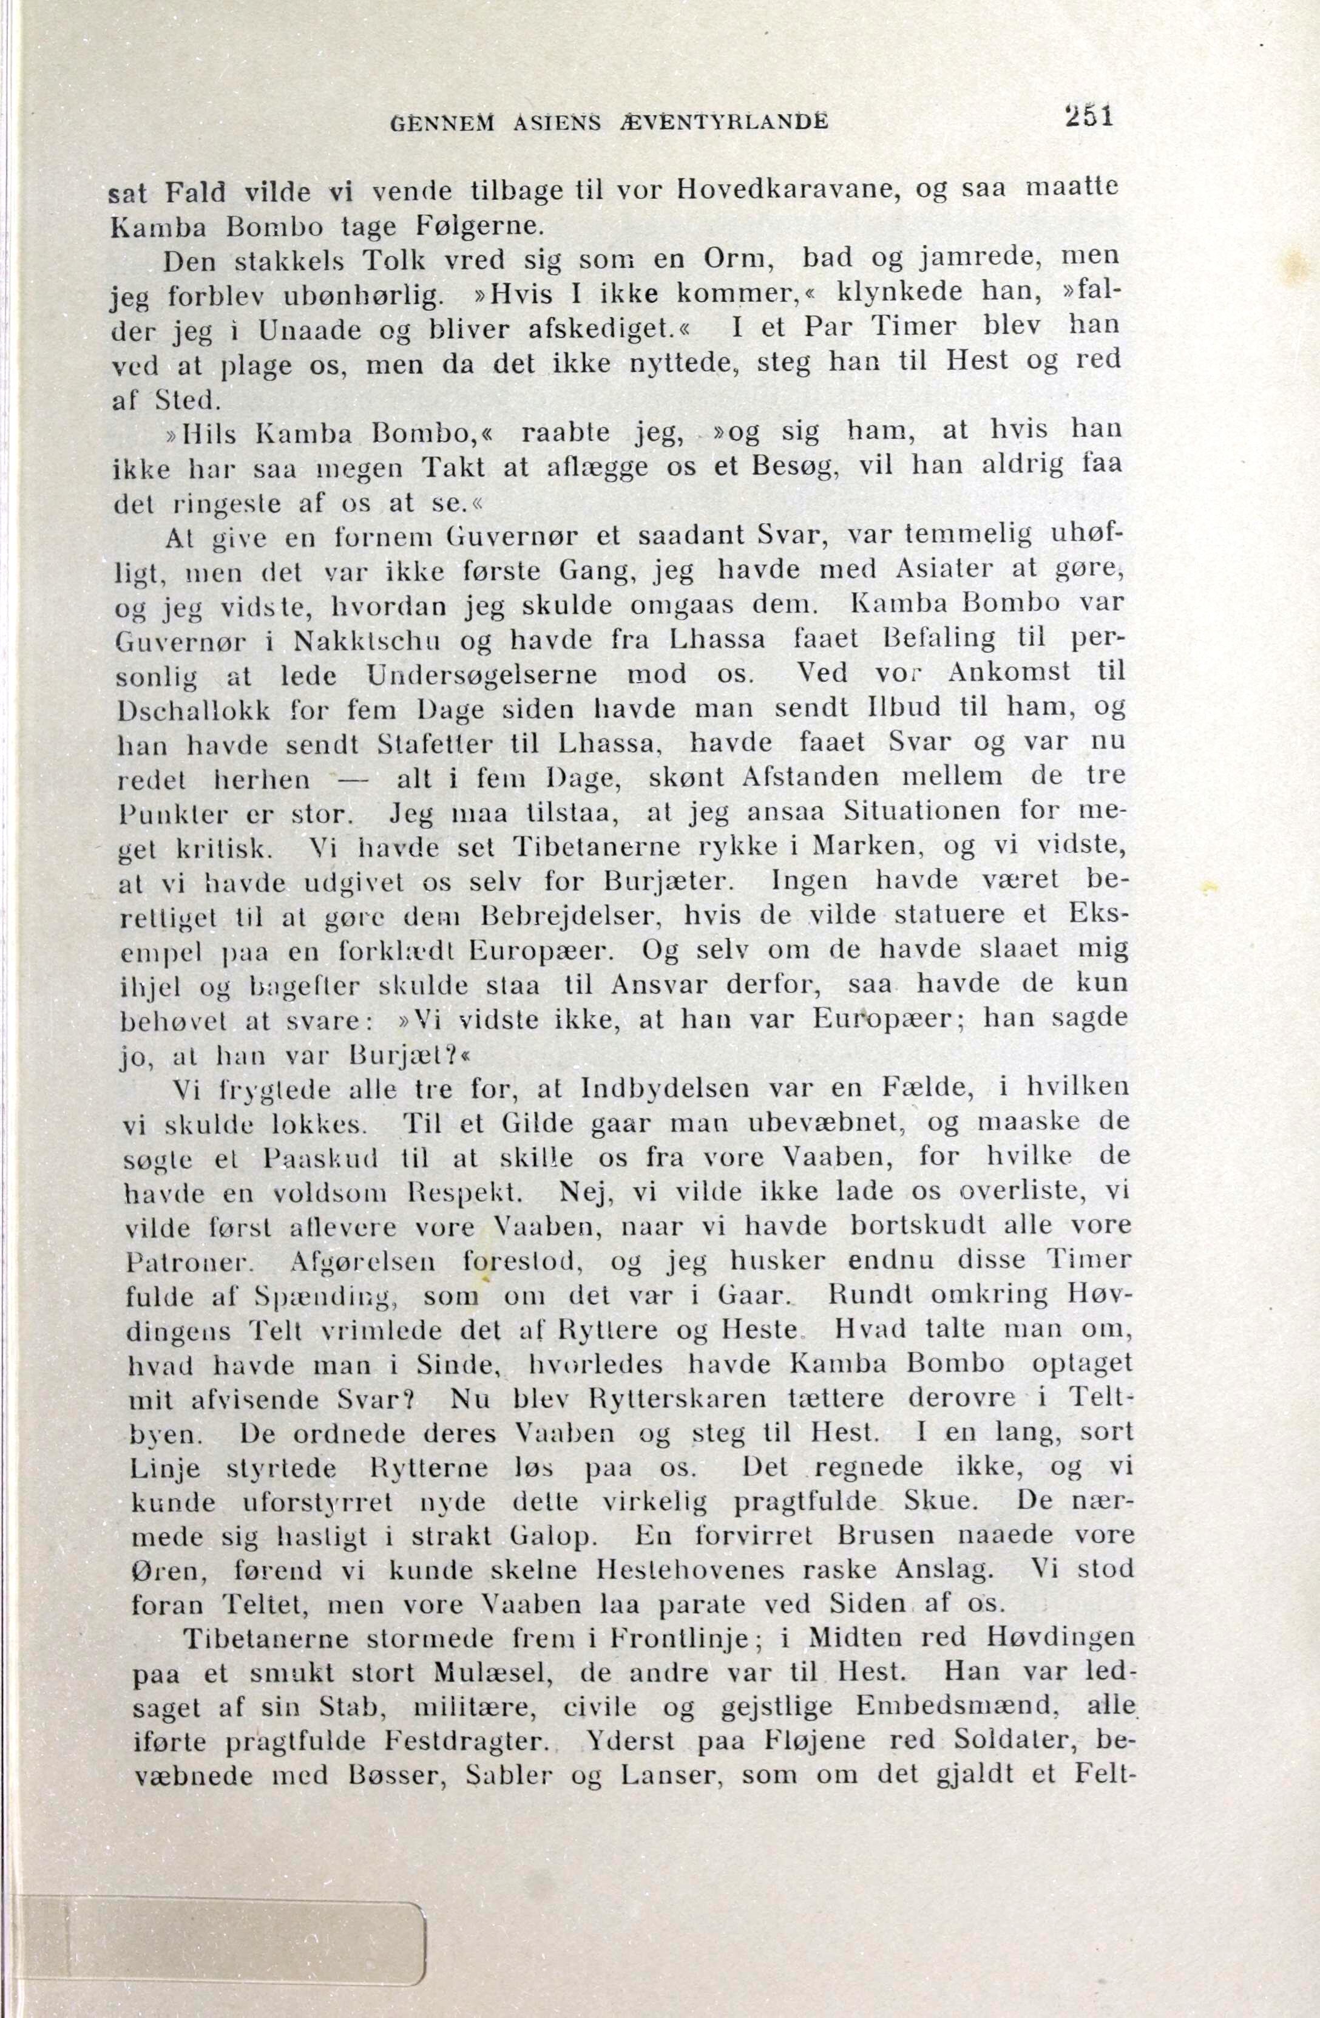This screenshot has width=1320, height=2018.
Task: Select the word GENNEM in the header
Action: pyautogui.click(x=442, y=124)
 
